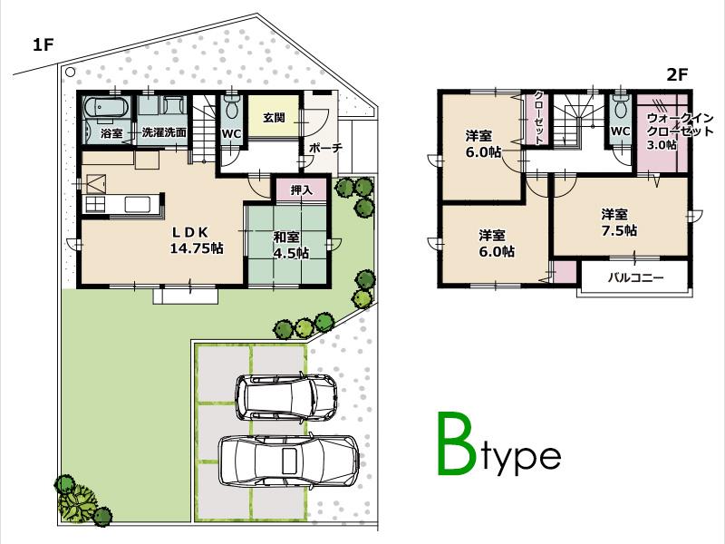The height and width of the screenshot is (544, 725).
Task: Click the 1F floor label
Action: [44, 44]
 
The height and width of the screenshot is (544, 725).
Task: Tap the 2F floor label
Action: [678, 76]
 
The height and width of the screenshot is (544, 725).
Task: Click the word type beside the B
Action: [520, 456]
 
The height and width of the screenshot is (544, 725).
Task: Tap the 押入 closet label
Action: [302, 190]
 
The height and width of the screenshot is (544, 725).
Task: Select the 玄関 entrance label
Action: [275, 118]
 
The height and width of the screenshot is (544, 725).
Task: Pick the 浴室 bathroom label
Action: [111, 132]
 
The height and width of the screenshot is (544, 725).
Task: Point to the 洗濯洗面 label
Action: [164, 132]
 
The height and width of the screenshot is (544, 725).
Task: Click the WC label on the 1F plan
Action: [231, 132]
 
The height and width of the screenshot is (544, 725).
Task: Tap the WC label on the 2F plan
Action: [620, 131]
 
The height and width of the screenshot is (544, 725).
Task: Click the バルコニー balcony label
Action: [634, 277]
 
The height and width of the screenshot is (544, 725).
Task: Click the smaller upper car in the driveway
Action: [285, 395]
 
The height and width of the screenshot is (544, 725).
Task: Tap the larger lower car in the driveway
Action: [288, 459]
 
